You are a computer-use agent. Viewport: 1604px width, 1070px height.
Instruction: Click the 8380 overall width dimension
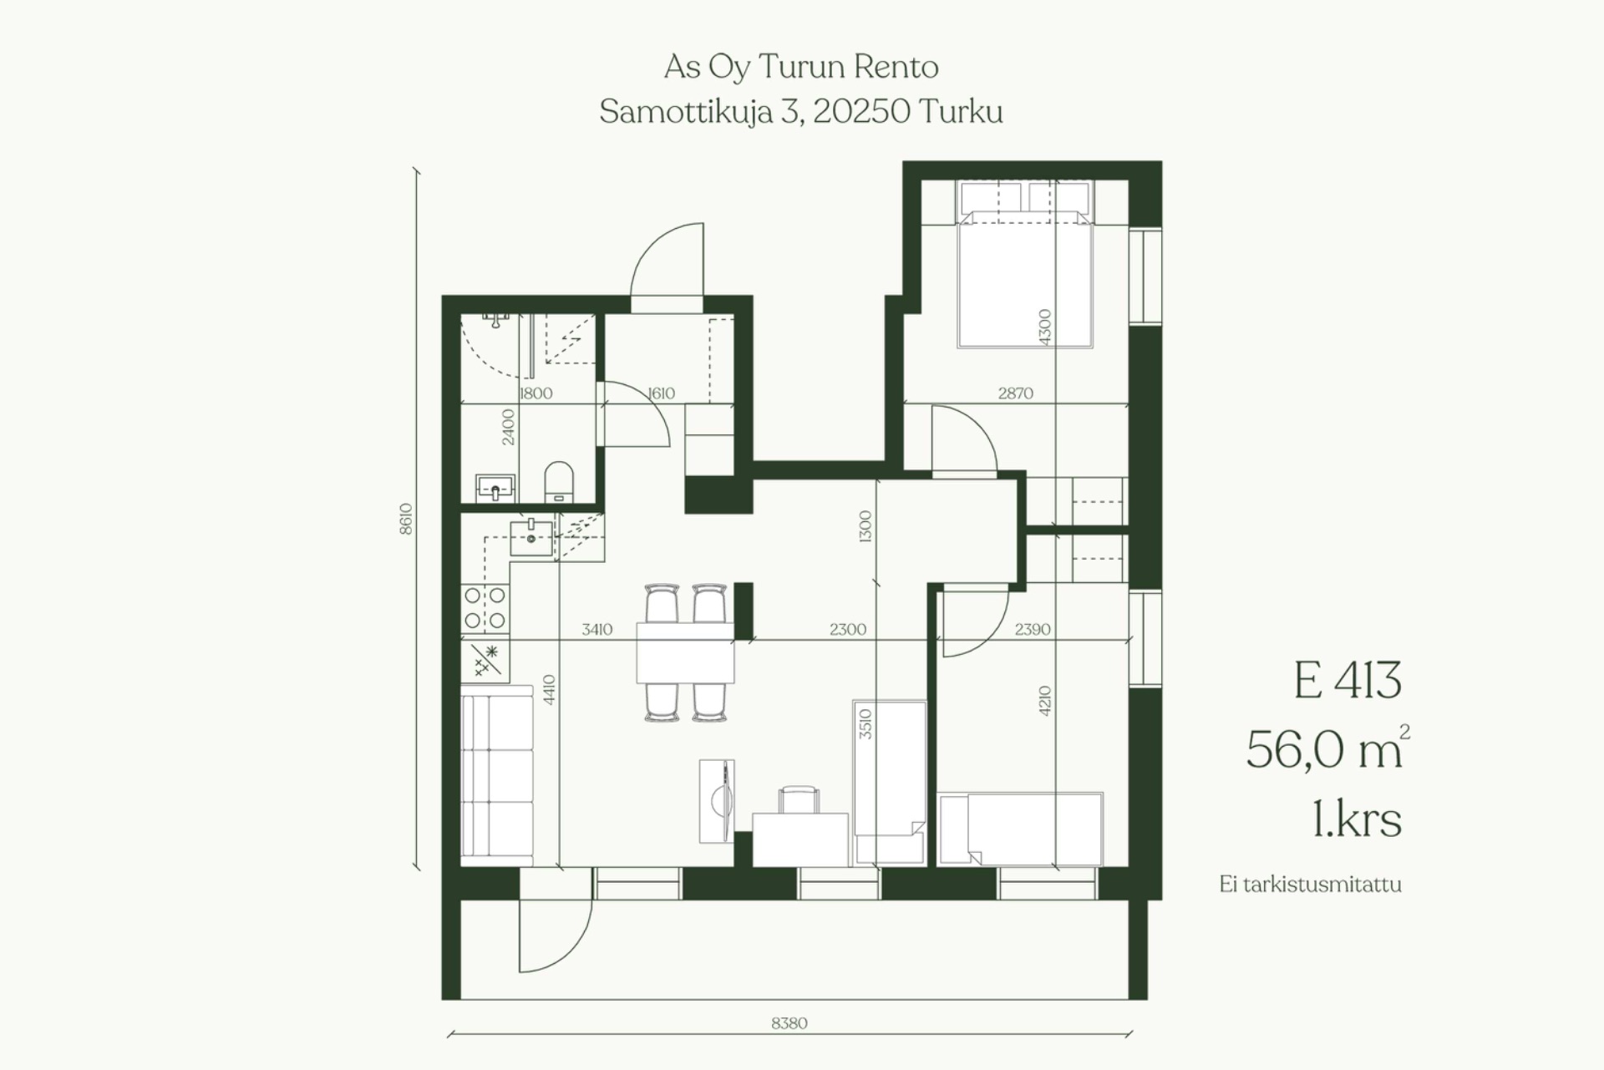click(x=789, y=1023)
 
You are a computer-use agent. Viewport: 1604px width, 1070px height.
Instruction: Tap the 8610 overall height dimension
click(x=406, y=519)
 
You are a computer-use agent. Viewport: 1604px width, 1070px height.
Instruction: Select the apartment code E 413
click(x=1347, y=681)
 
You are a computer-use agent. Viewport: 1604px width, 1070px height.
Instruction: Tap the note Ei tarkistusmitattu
click(x=1310, y=885)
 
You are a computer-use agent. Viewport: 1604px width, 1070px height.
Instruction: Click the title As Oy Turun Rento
click(x=801, y=67)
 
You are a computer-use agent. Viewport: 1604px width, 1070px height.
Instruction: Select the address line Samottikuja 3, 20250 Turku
click(x=801, y=112)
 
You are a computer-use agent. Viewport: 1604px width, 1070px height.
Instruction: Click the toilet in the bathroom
click(x=559, y=483)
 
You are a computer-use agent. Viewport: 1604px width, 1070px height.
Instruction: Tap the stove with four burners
click(x=485, y=608)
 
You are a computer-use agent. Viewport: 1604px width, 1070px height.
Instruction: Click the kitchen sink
click(x=531, y=537)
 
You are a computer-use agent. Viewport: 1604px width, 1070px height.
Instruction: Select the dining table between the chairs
click(x=685, y=652)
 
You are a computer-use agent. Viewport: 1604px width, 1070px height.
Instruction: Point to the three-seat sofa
click(x=497, y=776)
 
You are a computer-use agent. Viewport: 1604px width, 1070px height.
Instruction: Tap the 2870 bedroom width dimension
click(x=1016, y=393)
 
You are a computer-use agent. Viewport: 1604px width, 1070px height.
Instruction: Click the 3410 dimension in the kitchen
click(x=597, y=630)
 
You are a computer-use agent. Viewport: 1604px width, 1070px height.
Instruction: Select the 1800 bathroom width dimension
click(x=536, y=393)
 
